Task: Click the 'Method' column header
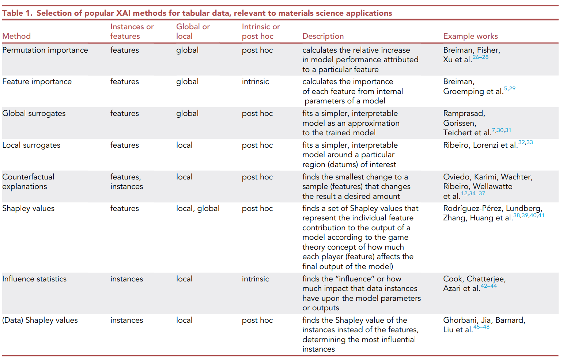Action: (x=16, y=36)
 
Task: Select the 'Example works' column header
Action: (x=470, y=36)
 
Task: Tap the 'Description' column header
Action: (x=323, y=36)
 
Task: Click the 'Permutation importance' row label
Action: (x=45, y=50)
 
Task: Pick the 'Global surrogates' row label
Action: (x=34, y=113)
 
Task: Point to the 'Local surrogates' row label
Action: (x=31, y=145)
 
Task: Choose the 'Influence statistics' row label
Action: (x=34, y=279)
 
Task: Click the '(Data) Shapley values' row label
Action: (x=40, y=320)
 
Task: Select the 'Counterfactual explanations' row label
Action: (x=28, y=182)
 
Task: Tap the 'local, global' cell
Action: (x=197, y=208)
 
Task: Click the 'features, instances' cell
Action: (x=126, y=182)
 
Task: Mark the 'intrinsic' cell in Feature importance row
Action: (x=255, y=82)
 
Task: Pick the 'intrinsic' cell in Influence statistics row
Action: (x=255, y=279)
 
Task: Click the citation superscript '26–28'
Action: (x=480, y=57)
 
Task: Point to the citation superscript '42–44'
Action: (x=488, y=286)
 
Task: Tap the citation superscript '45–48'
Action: (x=481, y=327)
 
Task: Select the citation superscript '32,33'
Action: (x=525, y=142)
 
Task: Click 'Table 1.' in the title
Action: (x=17, y=13)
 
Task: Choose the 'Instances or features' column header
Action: (x=132, y=31)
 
